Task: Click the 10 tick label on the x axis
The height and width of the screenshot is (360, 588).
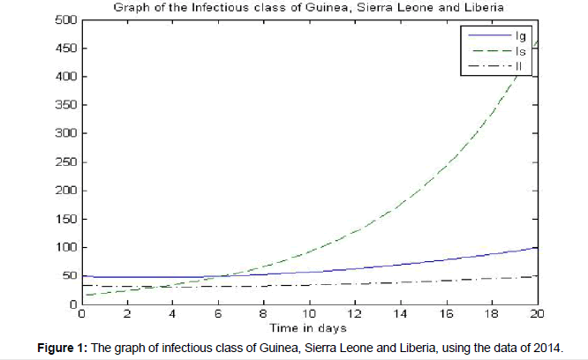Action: (x=309, y=314)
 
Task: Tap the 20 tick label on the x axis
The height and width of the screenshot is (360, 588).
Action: (x=537, y=314)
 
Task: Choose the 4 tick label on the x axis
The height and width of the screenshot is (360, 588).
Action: (x=173, y=314)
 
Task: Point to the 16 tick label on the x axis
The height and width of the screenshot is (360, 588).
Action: (x=446, y=314)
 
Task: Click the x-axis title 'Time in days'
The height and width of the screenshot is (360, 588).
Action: (x=308, y=327)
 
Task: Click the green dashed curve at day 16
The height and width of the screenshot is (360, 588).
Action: (x=446, y=169)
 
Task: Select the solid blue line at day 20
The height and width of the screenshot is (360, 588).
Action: (x=535, y=248)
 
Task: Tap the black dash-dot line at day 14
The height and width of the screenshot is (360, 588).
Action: (x=400, y=281)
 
